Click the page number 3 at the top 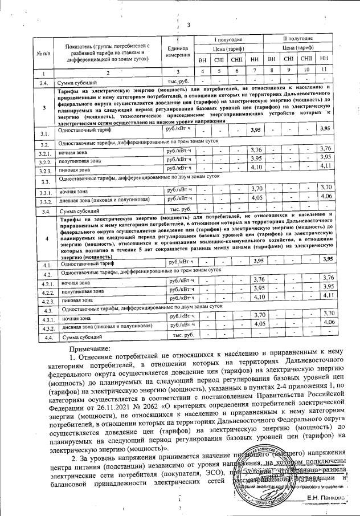pos(188,25)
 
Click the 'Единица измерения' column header pos(173,51)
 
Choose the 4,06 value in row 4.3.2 pos(326,322)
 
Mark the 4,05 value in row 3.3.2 pos(257,197)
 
